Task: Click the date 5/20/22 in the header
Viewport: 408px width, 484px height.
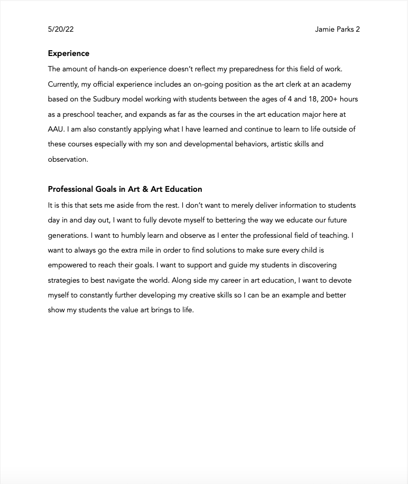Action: coord(61,30)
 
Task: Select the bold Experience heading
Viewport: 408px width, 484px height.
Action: coord(69,53)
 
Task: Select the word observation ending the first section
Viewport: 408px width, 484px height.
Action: coord(68,159)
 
